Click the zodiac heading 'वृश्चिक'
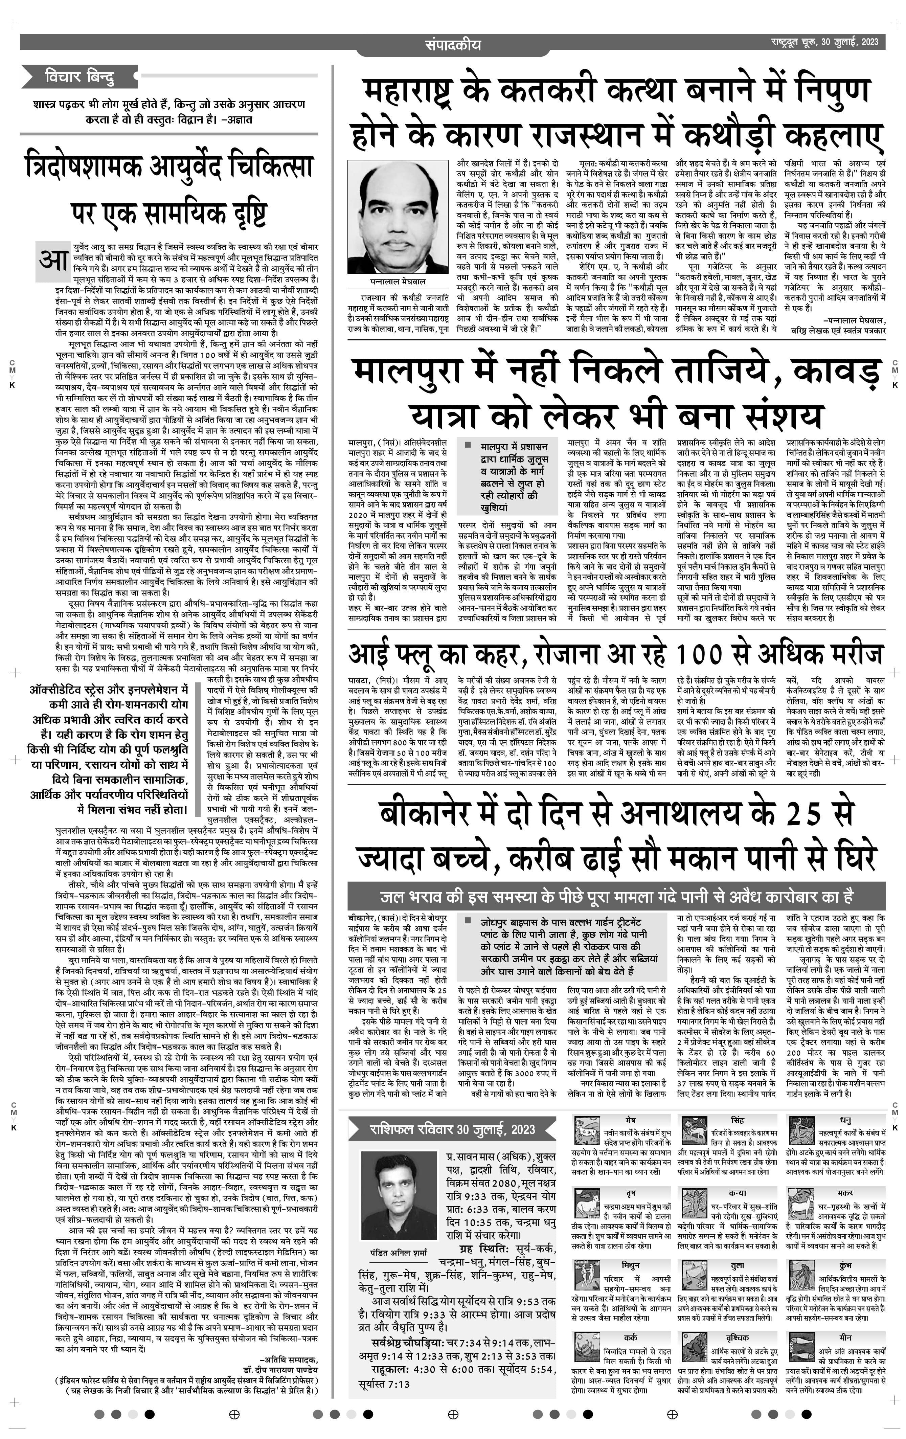pos(738,1337)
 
